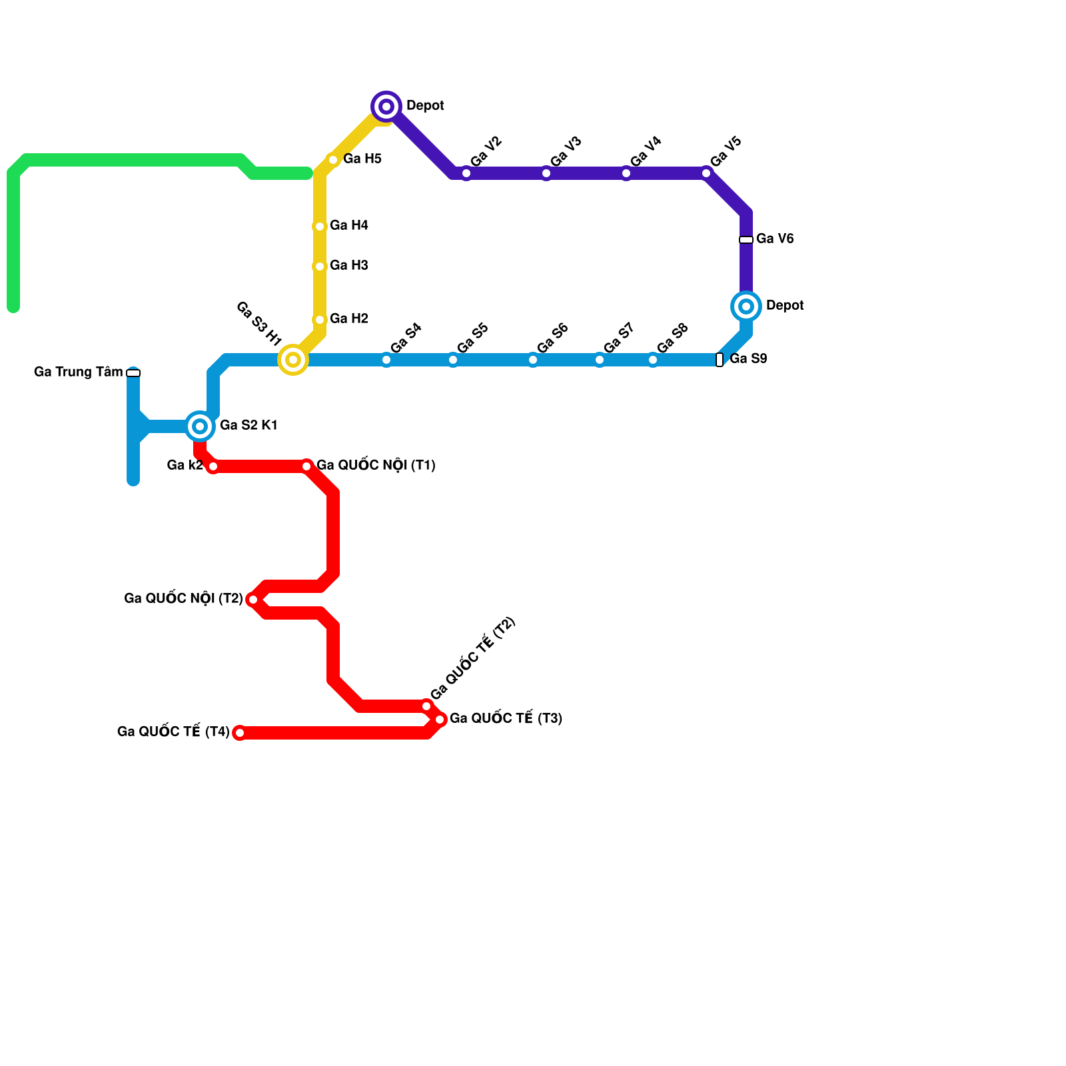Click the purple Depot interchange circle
click(x=386, y=107)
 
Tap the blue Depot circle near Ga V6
click(x=746, y=306)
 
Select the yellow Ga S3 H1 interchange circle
click(x=293, y=360)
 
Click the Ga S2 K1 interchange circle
click(x=200, y=426)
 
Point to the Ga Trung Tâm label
click(x=78, y=372)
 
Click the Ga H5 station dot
click(x=333, y=160)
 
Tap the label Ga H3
click(x=349, y=266)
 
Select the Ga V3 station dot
click(x=546, y=173)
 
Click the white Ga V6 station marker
click(x=746, y=240)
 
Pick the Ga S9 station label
click(x=748, y=359)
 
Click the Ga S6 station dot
click(x=533, y=360)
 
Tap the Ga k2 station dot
click(x=213, y=466)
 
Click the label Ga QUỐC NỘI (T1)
click(x=376, y=466)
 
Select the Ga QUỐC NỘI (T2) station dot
click(x=253, y=600)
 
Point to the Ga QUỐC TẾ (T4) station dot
click(x=240, y=733)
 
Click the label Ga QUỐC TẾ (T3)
click(x=506, y=719)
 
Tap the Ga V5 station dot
click(x=706, y=173)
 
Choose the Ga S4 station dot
click(x=386, y=360)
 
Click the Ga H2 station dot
click(x=320, y=320)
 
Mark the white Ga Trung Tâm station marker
click(x=133, y=373)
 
